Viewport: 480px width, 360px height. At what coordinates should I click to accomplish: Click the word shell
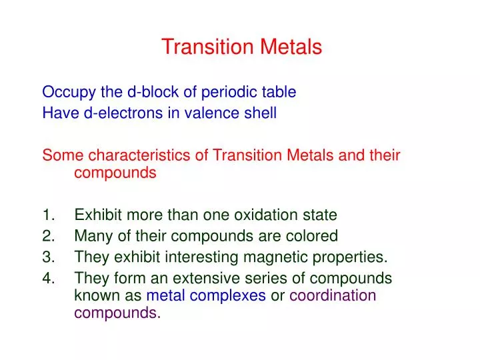click(259, 113)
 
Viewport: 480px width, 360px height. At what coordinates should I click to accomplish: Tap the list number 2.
click(48, 236)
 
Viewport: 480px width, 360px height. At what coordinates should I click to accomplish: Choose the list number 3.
click(48, 257)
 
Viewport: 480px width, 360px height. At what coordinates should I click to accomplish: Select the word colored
click(314, 236)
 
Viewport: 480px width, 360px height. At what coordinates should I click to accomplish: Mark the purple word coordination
click(333, 296)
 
